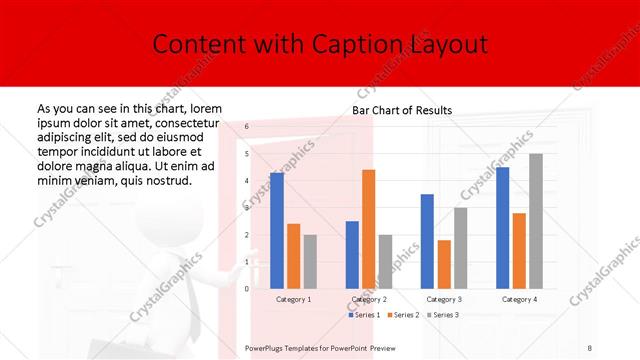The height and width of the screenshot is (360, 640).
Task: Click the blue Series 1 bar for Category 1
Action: pos(277,230)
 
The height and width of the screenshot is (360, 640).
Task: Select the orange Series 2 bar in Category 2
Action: pos(368,229)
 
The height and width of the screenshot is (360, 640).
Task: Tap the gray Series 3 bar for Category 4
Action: pos(536,221)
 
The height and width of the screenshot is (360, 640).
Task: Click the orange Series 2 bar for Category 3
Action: pos(444,264)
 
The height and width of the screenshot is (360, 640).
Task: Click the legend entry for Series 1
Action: pos(363,315)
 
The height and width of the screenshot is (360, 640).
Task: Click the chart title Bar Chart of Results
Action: pos(402,110)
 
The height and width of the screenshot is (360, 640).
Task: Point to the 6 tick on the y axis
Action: pos(246,127)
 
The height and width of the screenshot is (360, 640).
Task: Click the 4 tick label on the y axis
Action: pos(246,181)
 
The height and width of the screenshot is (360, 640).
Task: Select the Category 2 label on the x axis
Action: pos(369,299)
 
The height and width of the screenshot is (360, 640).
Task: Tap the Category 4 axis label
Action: pos(519,299)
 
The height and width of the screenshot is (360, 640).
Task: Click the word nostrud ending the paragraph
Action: pos(167,180)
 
